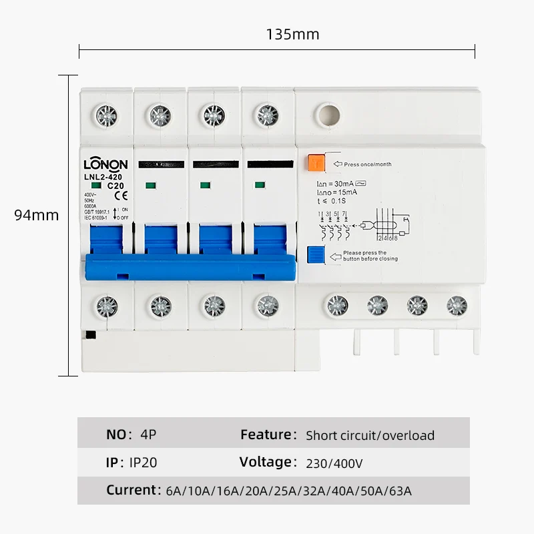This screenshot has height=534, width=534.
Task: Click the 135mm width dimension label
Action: point(292,34)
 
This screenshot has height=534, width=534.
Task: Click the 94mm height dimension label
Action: point(37,215)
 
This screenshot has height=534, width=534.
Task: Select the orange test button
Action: point(315,163)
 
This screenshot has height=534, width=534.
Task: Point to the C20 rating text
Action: point(115,185)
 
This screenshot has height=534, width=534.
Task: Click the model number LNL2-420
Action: point(104,177)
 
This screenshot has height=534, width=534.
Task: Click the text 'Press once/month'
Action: point(368,164)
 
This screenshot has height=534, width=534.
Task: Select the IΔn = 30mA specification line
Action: point(342,184)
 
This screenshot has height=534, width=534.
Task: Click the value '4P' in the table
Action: point(148,435)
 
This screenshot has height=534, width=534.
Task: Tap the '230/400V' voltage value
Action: point(334,463)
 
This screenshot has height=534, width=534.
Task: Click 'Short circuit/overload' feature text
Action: point(370,436)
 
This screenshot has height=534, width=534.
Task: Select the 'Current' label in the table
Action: point(131,490)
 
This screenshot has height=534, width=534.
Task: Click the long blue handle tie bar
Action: point(188,266)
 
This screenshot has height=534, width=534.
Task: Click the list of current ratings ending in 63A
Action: point(288,491)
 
